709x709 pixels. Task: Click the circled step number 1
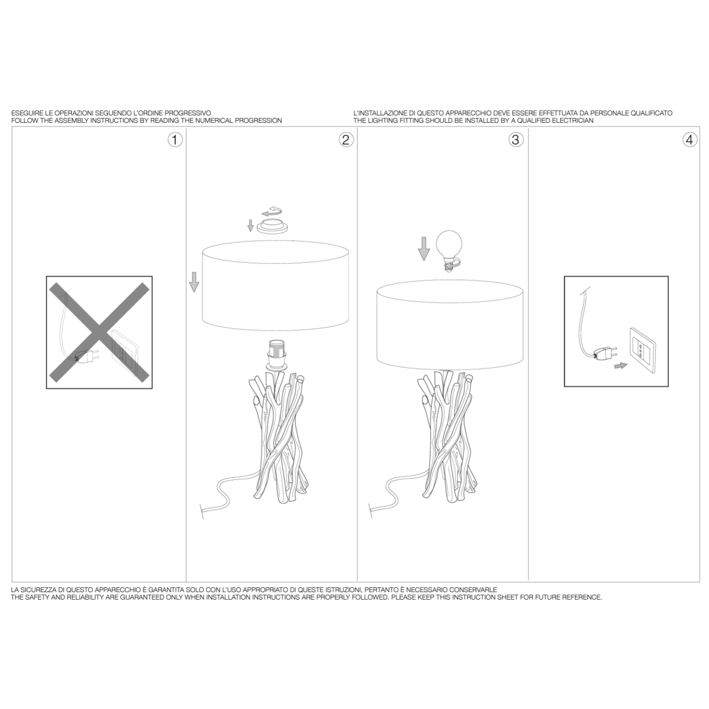click(175, 140)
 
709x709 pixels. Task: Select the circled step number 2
click(346, 140)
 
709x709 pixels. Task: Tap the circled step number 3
click(516, 140)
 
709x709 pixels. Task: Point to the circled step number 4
click(690, 140)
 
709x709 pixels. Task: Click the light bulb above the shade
click(449, 250)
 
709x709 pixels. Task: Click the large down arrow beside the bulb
click(424, 249)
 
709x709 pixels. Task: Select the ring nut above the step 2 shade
click(272, 225)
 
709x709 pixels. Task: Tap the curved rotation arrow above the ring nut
click(272, 211)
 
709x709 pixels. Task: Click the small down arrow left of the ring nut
click(250, 225)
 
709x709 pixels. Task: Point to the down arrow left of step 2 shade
click(194, 282)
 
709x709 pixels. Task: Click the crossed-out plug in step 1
click(87, 356)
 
